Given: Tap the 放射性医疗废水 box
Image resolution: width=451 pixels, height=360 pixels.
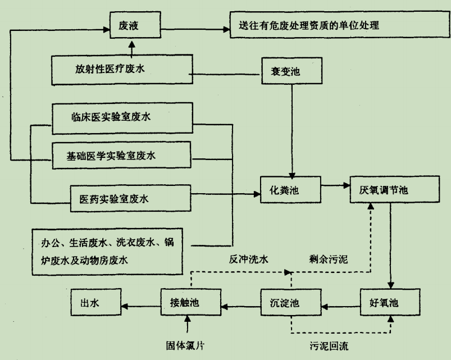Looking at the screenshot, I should (121, 70).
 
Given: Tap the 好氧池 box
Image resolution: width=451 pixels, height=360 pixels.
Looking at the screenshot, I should (388, 303).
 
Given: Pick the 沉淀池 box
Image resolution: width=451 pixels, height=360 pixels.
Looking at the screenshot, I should (290, 303).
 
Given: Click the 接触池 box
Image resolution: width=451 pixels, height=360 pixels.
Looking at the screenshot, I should (190, 303).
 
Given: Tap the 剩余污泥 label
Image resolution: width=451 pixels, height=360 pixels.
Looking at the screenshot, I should (329, 261).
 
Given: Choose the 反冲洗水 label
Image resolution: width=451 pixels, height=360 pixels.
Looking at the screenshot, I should (247, 261).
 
